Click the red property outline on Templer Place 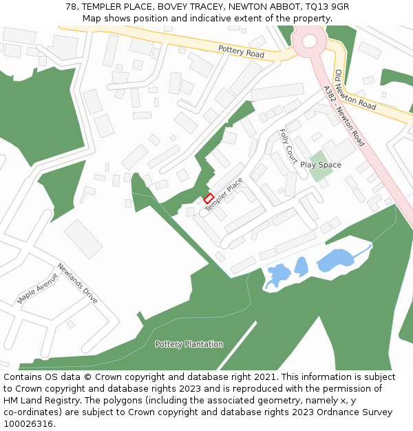point(208,199)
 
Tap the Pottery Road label point(241,51)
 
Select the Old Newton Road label point(355,90)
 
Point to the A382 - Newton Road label point(343,116)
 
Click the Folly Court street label point(288,145)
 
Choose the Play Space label point(321,165)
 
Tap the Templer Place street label point(224,194)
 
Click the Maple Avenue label point(37,288)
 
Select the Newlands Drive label point(77,283)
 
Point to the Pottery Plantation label point(189,344)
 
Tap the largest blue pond point(335,260)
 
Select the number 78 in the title point(71,6)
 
